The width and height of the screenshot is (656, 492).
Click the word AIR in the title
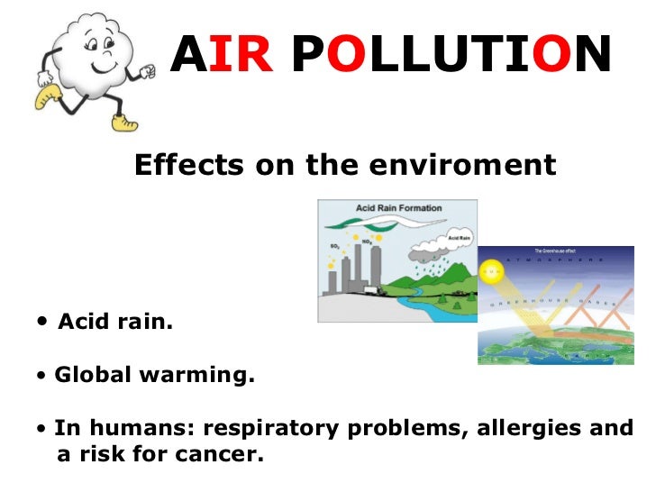click(x=221, y=56)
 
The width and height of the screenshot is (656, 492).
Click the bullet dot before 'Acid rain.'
click(x=44, y=323)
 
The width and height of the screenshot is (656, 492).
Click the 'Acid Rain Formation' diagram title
click(x=398, y=208)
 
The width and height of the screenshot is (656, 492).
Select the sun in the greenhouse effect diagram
click(x=491, y=269)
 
